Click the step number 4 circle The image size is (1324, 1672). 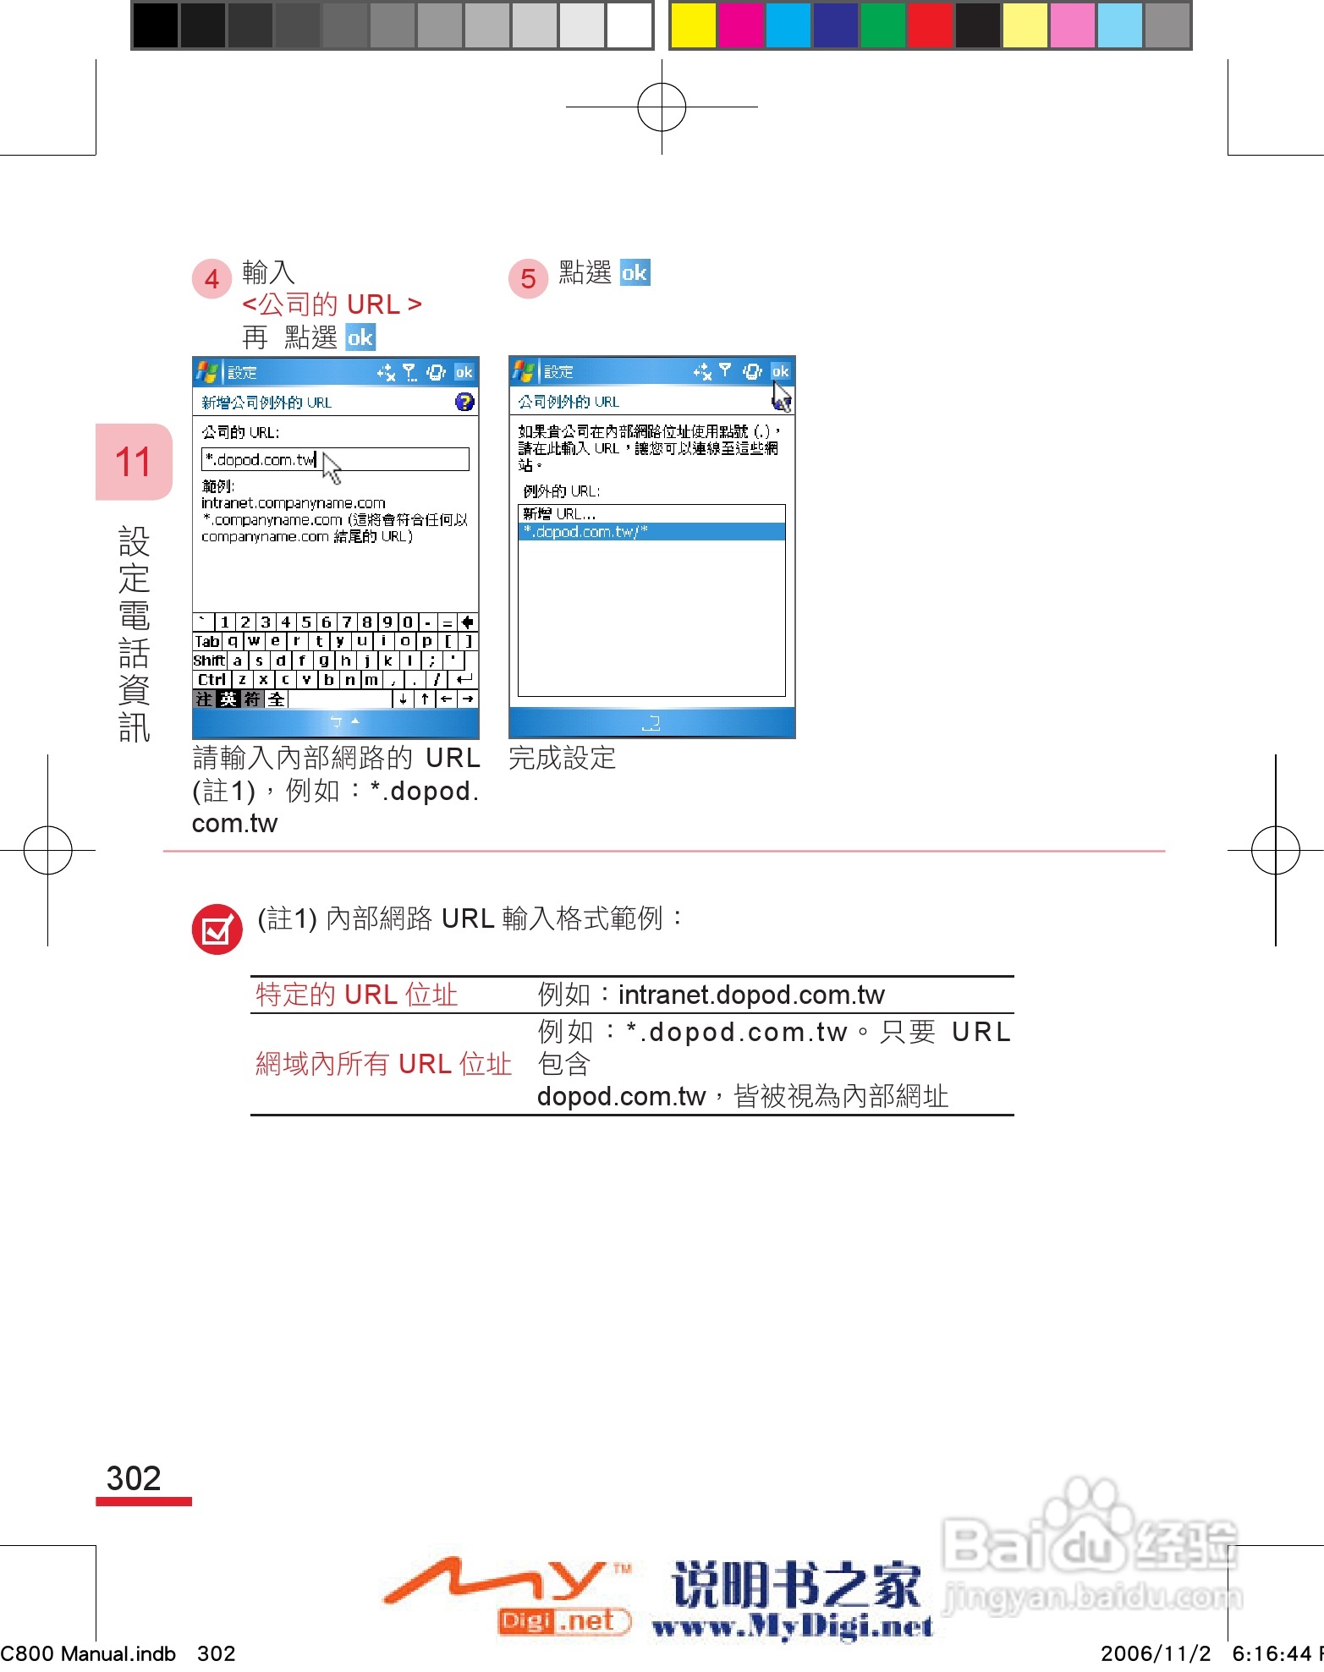[212, 279]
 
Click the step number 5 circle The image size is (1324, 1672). [528, 279]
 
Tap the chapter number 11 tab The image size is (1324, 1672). [134, 463]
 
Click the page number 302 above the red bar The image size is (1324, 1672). [134, 1478]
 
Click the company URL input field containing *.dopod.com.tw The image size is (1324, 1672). [335, 459]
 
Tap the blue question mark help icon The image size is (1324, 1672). [464, 402]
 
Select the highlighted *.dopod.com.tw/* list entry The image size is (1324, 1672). [651, 532]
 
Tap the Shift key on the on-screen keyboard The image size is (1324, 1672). [209, 661]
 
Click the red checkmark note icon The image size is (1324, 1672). [217, 929]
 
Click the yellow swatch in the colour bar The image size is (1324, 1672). [692, 25]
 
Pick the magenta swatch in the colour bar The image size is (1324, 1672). [739, 25]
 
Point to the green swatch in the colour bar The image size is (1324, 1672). [882, 25]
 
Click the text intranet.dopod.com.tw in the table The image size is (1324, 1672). [751, 995]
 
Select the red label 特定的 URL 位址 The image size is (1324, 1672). [356, 995]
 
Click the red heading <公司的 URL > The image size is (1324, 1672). [332, 304]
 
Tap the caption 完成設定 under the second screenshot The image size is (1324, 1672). [562, 758]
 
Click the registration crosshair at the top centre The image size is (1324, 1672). [662, 107]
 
